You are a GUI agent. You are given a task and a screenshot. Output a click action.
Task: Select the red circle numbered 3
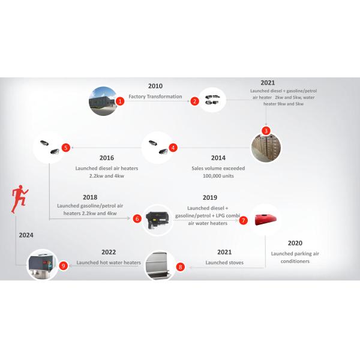(266, 130)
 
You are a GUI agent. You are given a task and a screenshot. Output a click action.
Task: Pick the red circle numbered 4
(173, 147)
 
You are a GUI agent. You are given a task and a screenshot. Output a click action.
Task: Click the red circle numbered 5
(66, 146)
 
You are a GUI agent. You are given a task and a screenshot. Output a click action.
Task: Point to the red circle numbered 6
(137, 219)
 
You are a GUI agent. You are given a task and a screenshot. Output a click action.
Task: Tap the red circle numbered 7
(243, 220)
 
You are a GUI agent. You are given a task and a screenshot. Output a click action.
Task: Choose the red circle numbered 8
(180, 266)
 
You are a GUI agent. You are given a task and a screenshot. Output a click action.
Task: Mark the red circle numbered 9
(63, 264)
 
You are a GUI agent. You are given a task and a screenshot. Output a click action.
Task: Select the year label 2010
(155, 86)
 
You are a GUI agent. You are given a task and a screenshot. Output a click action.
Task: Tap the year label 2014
(218, 158)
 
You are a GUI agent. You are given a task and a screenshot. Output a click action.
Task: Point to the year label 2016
(107, 158)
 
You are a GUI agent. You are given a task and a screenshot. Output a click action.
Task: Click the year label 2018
(90, 197)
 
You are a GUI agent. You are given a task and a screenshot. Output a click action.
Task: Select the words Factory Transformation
(155, 96)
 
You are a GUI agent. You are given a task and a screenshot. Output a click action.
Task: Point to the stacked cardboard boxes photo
(265, 147)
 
